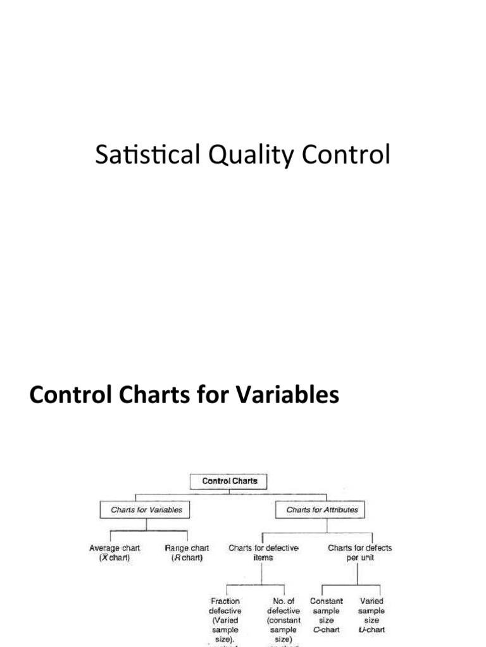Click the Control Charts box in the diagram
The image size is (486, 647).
pyautogui.click(x=230, y=481)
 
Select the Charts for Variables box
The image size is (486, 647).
pyautogui.click(x=146, y=509)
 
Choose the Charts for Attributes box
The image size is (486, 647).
pyautogui.click(x=321, y=509)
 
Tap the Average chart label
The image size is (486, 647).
pyautogui.click(x=115, y=548)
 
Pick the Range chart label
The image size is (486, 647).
pyautogui.click(x=187, y=548)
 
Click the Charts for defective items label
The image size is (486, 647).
pyautogui.click(x=263, y=553)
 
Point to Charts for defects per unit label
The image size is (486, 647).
pyautogui.click(x=359, y=553)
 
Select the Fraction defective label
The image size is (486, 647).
pyautogui.click(x=225, y=616)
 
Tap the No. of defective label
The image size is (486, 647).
pyautogui.click(x=283, y=616)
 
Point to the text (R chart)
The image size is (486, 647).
pyautogui.click(x=187, y=559)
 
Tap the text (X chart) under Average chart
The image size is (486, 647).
pyautogui.click(x=115, y=559)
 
